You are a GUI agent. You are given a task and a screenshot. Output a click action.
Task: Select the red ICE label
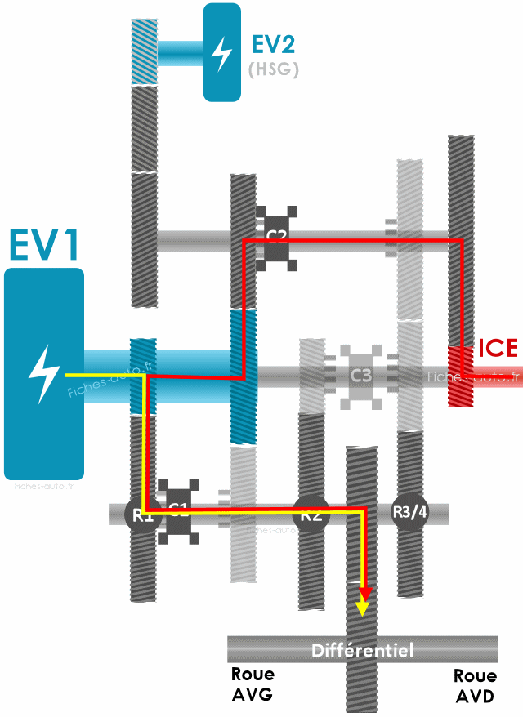(498, 348)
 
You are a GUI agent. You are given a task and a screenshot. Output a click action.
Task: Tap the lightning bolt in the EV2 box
(221, 52)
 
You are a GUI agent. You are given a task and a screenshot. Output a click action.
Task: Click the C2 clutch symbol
(275, 238)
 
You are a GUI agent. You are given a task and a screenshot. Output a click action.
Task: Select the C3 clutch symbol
(360, 376)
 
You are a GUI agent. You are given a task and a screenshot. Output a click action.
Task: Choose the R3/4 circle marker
(409, 512)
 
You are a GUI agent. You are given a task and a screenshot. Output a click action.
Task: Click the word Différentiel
(362, 650)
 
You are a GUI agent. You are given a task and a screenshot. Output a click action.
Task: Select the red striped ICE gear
(461, 376)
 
